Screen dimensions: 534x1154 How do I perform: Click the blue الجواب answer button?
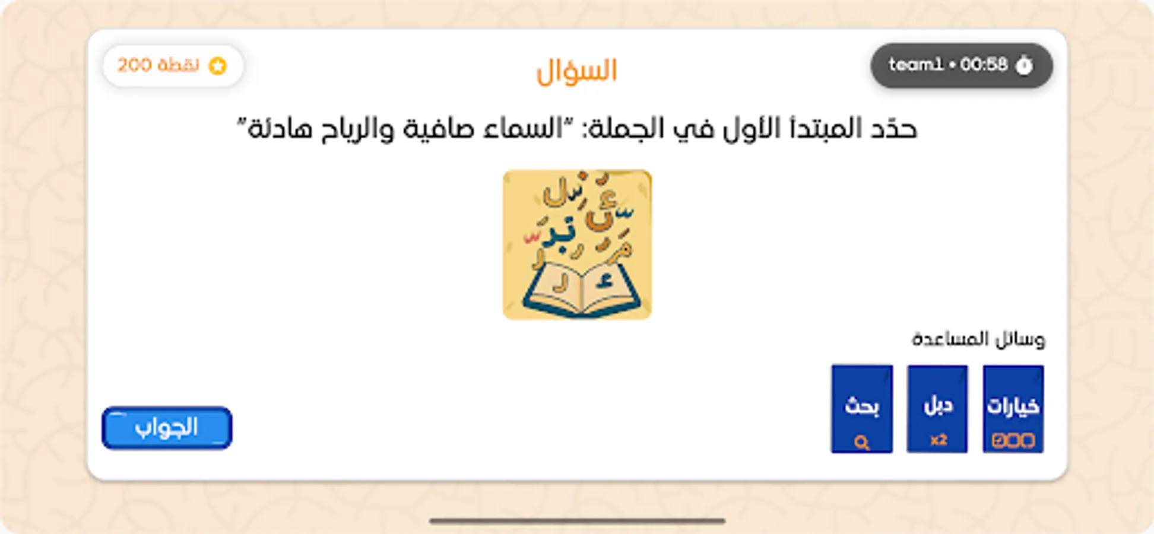point(167,428)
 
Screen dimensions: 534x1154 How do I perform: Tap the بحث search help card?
point(862,409)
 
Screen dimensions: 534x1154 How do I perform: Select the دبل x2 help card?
point(937,409)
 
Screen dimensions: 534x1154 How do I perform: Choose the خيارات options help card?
point(1013,409)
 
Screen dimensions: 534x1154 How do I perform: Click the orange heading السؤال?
point(577,71)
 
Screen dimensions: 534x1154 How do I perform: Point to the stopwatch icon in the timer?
point(1025,65)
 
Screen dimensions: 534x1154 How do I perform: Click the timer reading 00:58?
point(984,65)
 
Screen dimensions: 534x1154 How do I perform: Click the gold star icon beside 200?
point(218,66)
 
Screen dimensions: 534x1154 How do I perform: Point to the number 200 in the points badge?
point(135,65)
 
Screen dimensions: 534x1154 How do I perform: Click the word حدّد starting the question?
point(893,129)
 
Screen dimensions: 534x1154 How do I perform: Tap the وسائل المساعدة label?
point(978,339)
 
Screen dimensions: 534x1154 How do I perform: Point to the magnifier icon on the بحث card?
point(862,442)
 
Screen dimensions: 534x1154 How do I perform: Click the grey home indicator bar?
point(577,521)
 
